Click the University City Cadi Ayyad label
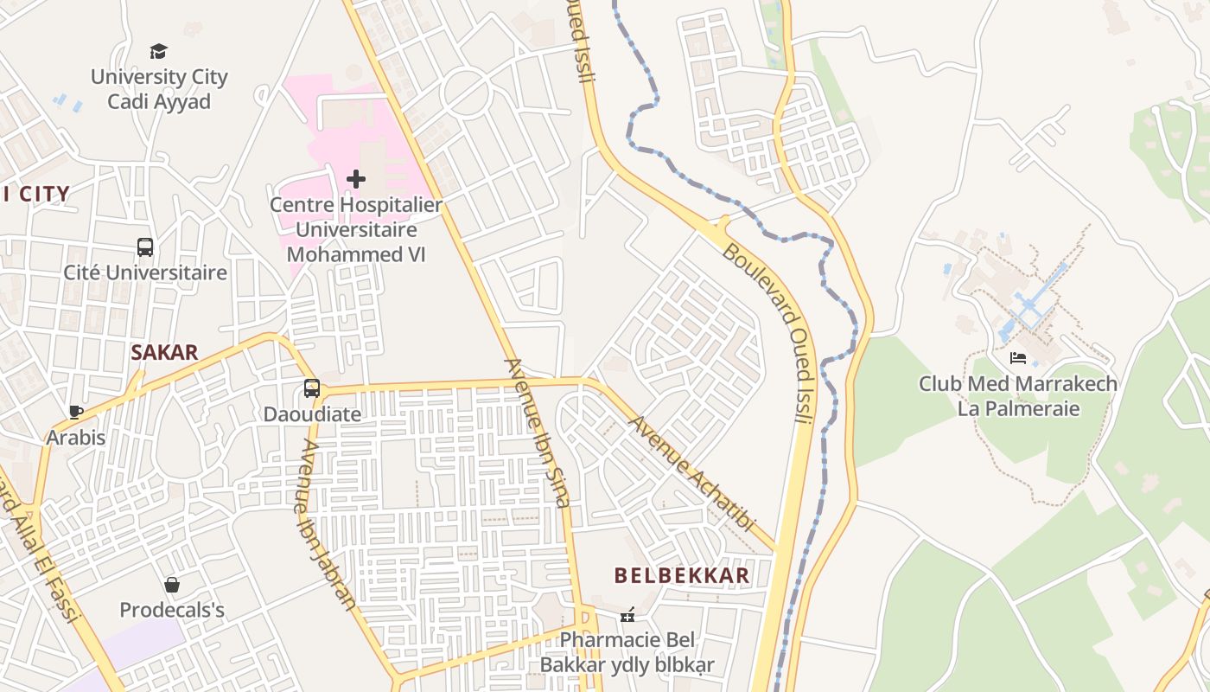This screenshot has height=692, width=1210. [x=159, y=89]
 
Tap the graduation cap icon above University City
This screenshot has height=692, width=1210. [x=158, y=52]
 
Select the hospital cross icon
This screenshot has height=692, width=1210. [x=355, y=179]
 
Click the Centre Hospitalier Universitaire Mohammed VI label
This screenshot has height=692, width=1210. [x=355, y=230]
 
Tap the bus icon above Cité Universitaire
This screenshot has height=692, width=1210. [x=145, y=247]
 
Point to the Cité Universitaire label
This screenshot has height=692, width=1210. [x=145, y=272]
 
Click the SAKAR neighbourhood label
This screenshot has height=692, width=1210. [x=164, y=353]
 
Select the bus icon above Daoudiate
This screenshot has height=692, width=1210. [x=311, y=388]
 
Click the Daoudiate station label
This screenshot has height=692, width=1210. [x=312, y=414]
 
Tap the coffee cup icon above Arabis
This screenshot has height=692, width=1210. [x=76, y=412]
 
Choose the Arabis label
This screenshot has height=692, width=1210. [x=76, y=438]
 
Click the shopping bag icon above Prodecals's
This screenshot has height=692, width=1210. [x=172, y=585]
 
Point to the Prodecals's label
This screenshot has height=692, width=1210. [x=172, y=610]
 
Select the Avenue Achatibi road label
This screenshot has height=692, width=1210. [x=691, y=474]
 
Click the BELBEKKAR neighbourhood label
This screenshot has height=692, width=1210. [x=682, y=576]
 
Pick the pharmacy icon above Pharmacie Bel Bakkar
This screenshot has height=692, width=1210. [x=627, y=615]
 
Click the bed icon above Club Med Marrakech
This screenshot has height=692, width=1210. [x=1017, y=358]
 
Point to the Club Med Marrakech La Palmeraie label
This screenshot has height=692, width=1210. [x=1018, y=396]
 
